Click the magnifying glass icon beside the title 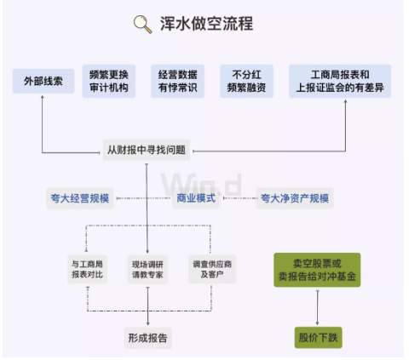[143, 25]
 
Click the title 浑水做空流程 [206, 24]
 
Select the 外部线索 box [43, 81]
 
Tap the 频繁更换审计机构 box [109, 81]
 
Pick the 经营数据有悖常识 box [177, 81]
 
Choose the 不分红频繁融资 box [246, 81]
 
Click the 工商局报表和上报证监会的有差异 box [340, 81]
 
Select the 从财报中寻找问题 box [147, 150]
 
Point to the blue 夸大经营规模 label [80, 198]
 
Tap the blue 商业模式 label [196, 198]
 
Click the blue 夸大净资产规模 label [295, 198]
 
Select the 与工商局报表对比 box [87, 269]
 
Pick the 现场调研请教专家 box [147, 270]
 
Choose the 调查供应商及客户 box [212, 269]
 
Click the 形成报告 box [147, 338]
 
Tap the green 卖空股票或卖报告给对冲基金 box [317, 270]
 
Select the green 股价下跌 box [318, 338]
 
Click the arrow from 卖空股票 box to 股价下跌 [317, 307]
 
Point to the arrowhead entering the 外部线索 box [43, 97]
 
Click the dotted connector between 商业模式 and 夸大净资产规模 [240, 198]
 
